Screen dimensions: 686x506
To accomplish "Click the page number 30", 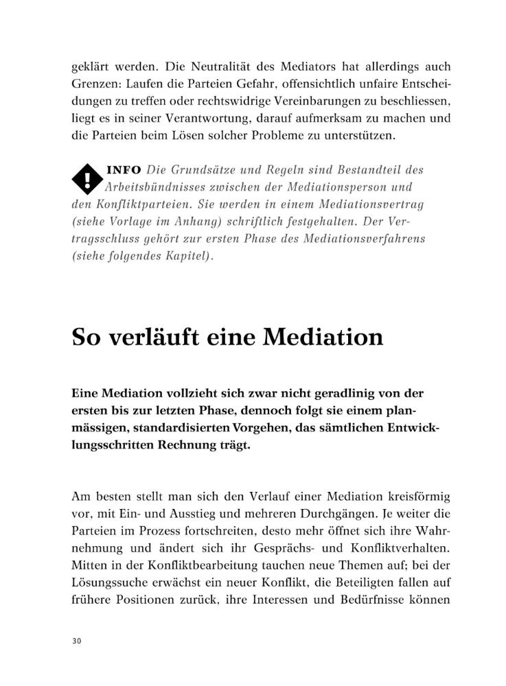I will (x=76, y=641).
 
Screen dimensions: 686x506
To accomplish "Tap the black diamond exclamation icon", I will (x=87, y=178).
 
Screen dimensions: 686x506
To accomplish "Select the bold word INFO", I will (x=124, y=169).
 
